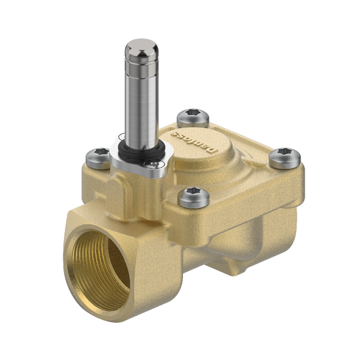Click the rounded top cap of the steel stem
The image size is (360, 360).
(x=140, y=49)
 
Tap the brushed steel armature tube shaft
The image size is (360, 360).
(x=141, y=101)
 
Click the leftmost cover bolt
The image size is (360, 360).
(x=99, y=156)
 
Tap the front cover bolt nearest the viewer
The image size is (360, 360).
(x=190, y=197)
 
